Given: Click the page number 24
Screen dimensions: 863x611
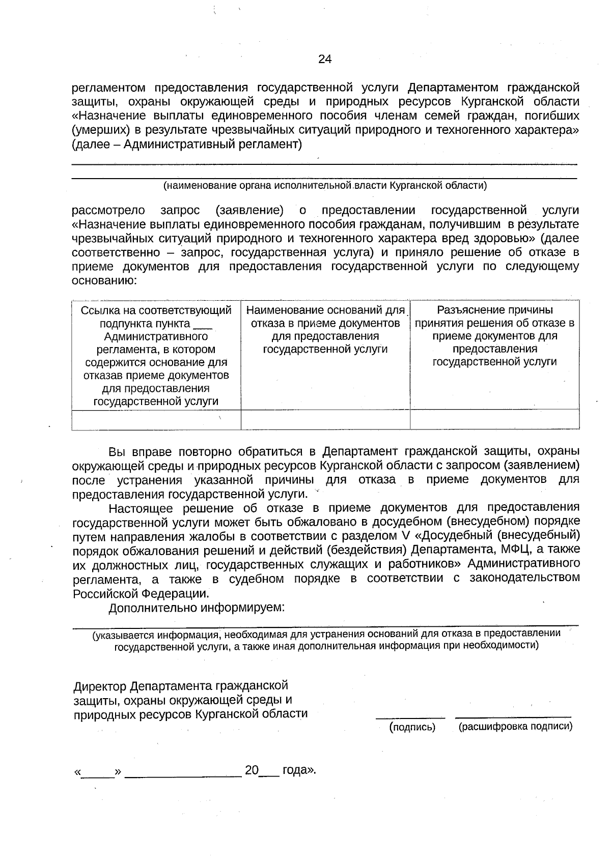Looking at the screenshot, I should (325, 60).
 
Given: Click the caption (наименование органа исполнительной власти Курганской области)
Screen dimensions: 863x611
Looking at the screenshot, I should (325, 186).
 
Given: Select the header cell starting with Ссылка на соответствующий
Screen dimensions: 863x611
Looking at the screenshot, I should (156, 355).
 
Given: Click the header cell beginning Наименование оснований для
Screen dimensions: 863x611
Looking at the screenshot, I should (325, 330).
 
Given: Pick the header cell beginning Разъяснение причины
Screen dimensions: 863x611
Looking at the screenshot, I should (494, 336).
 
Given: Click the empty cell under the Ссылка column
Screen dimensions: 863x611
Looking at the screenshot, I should (156, 420).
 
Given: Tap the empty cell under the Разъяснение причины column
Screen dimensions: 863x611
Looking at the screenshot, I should (494, 420).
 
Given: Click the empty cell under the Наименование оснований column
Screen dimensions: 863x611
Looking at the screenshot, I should (325, 420).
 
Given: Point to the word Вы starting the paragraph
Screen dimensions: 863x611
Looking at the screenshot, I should (117, 452).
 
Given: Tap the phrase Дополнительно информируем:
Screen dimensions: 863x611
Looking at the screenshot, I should (197, 608).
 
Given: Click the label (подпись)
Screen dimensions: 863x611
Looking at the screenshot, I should (412, 727).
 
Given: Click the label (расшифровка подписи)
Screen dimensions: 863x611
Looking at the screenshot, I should (515, 727).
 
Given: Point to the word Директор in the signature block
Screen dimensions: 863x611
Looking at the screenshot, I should (100, 687).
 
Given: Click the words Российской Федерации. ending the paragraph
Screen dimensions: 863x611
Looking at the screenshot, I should (141, 593).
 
